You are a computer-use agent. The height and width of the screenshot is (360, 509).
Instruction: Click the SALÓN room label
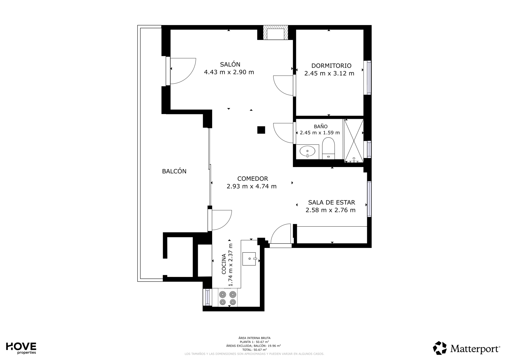[x=230, y=64]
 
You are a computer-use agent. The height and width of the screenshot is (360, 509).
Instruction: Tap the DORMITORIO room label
[x=331, y=66]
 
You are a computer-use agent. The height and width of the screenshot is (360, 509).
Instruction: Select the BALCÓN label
[x=174, y=171]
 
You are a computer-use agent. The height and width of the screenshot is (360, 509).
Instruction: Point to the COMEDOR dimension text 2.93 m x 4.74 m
[x=251, y=186]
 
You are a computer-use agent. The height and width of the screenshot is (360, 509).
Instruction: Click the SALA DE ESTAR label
[x=332, y=202]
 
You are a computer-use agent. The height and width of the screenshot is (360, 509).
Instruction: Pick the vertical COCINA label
[x=224, y=264]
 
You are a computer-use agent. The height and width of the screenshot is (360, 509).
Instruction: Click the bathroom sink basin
[x=308, y=151]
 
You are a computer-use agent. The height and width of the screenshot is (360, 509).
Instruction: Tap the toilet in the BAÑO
[x=329, y=148]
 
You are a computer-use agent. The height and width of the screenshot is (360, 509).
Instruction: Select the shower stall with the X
[x=354, y=141]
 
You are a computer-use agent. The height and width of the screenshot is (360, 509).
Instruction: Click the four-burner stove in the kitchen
[x=228, y=298]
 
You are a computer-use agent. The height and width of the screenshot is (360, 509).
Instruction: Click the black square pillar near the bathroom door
[x=261, y=130]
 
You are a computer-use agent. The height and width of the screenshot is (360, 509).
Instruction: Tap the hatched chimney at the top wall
[x=276, y=32]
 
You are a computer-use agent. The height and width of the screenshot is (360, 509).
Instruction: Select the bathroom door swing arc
[x=279, y=138]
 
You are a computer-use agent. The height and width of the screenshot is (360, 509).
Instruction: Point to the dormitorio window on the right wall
[x=368, y=77]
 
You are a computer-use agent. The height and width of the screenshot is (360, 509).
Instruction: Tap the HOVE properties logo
[x=21, y=348]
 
